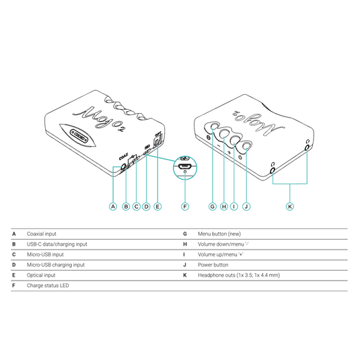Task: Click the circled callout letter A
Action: coord(114,207)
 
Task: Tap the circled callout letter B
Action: coord(126,207)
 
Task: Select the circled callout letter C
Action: coord(137,207)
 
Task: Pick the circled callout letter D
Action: coord(147,207)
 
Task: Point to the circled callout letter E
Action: coord(157,207)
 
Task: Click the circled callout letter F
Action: coord(185,207)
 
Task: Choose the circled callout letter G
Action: coord(213,207)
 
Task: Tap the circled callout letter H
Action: coord(223,207)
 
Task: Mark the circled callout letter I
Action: coord(234,207)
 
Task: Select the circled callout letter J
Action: coord(246,207)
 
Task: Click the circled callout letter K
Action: coord(290,207)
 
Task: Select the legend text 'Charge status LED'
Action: coord(48,286)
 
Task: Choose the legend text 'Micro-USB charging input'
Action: coord(56,265)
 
